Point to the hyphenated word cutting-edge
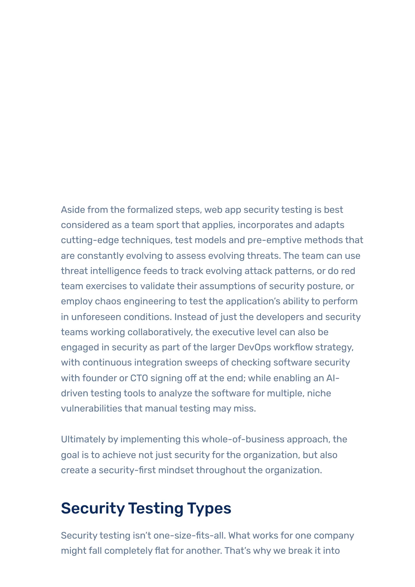coord(90,240)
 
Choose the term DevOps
coord(254,347)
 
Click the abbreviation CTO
coord(139,378)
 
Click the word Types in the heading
coord(209,508)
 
